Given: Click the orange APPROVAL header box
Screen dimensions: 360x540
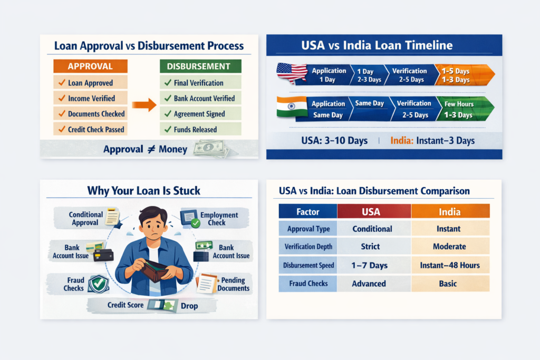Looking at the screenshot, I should click(90, 66).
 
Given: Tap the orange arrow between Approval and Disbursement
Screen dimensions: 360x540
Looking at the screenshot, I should click(144, 104).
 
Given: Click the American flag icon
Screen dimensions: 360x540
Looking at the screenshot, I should click(292, 73).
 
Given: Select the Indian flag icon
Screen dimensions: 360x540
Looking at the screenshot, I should click(292, 106).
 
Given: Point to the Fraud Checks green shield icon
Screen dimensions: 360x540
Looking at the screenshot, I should click(98, 283).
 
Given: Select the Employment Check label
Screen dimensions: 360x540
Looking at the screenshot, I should click(219, 219).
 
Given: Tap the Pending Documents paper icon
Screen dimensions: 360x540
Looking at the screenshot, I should click(207, 284).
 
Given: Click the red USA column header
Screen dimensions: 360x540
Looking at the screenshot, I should click(374, 211).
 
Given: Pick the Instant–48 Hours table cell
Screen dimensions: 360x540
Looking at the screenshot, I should click(450, 265).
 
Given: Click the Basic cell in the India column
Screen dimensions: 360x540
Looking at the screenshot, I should click(450, 283).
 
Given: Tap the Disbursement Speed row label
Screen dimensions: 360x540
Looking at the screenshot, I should click(308, 265).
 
